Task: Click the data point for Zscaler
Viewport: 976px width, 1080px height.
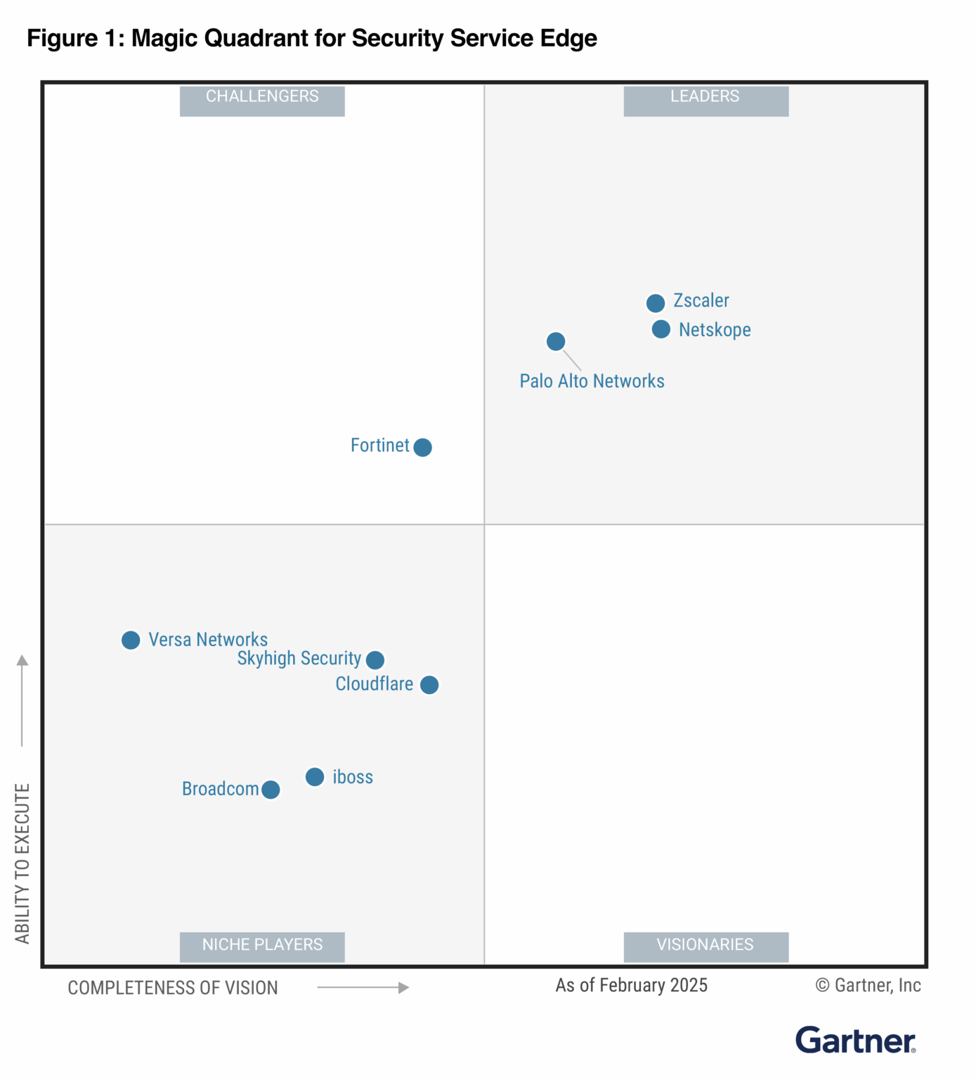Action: tap(656, 303)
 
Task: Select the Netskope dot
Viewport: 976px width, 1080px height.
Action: tap(661, 329)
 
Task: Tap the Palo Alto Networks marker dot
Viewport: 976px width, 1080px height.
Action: tap(556, 342)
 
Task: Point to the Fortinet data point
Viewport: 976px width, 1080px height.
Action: tap(422, 447)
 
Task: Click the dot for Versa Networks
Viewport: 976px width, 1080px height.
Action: tap(131, 640)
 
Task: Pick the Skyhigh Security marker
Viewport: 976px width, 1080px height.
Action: tap(375, 660)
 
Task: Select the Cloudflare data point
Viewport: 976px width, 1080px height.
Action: tap(429, 685)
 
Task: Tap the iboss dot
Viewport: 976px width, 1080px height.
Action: tap(315, 777)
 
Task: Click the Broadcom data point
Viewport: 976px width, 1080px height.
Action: tap(271, 790)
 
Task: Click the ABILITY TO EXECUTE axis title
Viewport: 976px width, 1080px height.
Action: tap(22, 863)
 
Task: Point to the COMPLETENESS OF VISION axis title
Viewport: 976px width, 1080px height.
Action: tap(173, 988)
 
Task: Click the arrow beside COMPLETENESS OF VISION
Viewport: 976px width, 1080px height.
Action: tap(363, 988)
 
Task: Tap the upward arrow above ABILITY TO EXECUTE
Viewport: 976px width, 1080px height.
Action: tap(22, 700)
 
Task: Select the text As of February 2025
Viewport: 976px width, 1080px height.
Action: tap(631, 986)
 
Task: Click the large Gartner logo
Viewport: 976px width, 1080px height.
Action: tap(855, 1041)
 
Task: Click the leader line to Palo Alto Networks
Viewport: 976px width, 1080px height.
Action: tap(573, 360)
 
